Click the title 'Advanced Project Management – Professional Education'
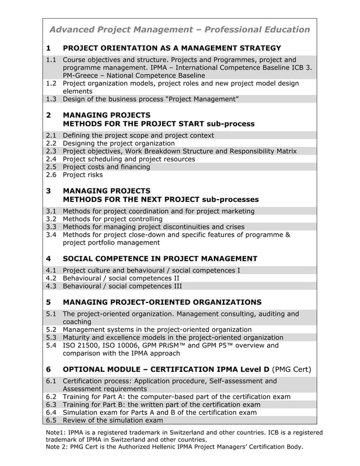[x=179, y=29]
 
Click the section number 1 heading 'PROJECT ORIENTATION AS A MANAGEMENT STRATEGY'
[x=172, y=48]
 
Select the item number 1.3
[x=51, y=99]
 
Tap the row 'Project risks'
[x=82, y=175]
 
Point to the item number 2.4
[x=51, y=159]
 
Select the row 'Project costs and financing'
[x=106, y=167]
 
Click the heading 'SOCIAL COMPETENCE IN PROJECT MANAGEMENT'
[x=160, y=258]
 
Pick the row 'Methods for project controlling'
[x=112, y=219]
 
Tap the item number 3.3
[x=51, y=227]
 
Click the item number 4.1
[x=51, y=270]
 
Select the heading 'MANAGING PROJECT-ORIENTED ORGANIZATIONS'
[x=162, y=302]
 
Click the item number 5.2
[x=51, y=329]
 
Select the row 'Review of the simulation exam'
[x=112, y=420]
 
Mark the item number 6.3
[x=51, y=405]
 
